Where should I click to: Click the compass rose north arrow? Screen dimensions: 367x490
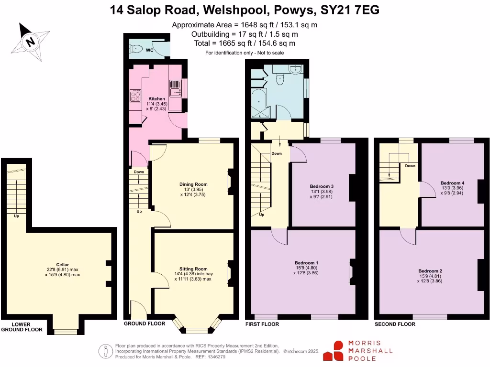pos(31,41)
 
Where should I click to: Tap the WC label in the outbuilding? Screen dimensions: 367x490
pos(149,50)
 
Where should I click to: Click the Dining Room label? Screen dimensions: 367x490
pos(193,184)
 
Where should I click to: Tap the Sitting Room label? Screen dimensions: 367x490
pos(193,269)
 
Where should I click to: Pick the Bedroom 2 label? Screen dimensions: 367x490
pos(430,271)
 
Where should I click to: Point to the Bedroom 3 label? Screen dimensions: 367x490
pos(322,186)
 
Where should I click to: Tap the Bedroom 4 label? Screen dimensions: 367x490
pos(452,183)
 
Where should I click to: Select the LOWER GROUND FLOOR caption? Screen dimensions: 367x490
pos(21,327)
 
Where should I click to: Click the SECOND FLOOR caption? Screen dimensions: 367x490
pos(395,324)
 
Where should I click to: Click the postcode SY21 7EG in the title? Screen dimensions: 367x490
pos(350,10)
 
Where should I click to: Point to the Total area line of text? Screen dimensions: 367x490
pos(245,43)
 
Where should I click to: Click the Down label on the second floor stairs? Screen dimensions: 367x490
pos(410,166)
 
